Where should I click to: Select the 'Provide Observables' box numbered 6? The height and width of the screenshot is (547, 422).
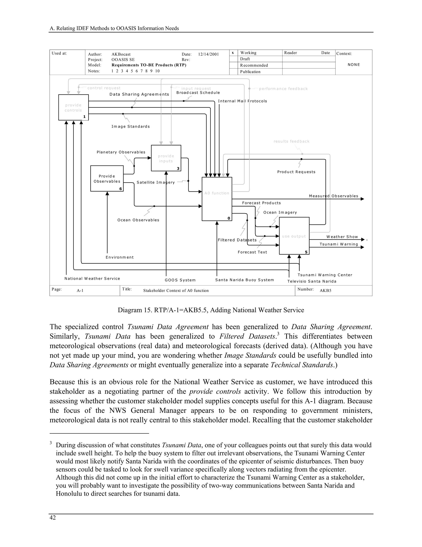107,179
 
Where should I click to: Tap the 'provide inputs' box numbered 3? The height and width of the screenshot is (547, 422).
166,158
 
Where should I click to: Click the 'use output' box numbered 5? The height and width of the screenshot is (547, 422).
294,236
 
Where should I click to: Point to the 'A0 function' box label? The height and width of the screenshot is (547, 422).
217,193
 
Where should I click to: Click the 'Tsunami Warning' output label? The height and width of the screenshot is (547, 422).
339,244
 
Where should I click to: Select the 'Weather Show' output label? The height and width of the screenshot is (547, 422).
342,237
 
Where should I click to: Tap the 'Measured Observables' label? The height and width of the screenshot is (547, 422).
334,196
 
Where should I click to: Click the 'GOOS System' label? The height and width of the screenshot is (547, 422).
180,280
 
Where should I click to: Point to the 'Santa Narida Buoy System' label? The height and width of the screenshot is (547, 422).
245,280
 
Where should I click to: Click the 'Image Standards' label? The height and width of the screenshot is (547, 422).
130,127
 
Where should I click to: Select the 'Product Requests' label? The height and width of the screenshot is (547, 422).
296,172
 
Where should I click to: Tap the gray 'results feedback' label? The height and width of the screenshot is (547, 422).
292,141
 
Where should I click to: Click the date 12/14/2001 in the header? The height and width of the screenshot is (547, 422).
209,54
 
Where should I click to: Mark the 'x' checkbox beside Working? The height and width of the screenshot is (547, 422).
233,53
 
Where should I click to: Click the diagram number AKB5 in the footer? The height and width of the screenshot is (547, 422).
326,291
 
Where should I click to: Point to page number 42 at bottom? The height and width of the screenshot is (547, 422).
53,518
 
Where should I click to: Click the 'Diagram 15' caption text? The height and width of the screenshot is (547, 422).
211,310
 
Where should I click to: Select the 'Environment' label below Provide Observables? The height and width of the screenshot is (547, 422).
120,257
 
